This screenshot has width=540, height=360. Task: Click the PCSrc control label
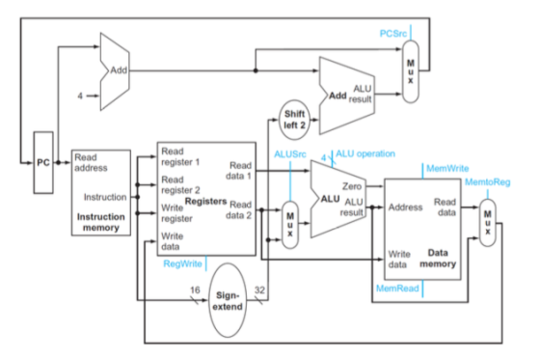(393, 34)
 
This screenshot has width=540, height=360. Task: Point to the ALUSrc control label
(290, 154)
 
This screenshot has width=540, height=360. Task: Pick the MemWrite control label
(447, 168)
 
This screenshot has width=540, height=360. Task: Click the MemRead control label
(397, 288)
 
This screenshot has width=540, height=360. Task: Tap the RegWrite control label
(182, 263)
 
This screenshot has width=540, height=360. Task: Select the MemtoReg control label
(487, 182)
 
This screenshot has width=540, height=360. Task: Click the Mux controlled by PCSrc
(411, 71)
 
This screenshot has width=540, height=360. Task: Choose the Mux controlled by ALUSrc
(290, 225)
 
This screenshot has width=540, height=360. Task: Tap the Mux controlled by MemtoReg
(488, 223)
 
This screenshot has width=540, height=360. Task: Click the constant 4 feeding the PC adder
(80, 96)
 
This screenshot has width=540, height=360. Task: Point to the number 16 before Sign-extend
(195, 290)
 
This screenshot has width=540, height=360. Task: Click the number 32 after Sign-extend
(259, 290)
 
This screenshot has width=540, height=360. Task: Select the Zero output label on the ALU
(352, 186)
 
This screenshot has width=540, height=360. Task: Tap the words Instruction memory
(101, 222)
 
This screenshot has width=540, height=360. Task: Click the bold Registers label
(205, 201)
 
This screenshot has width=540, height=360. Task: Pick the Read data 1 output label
(239, 171)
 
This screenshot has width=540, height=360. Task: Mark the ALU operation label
(365, 153)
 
